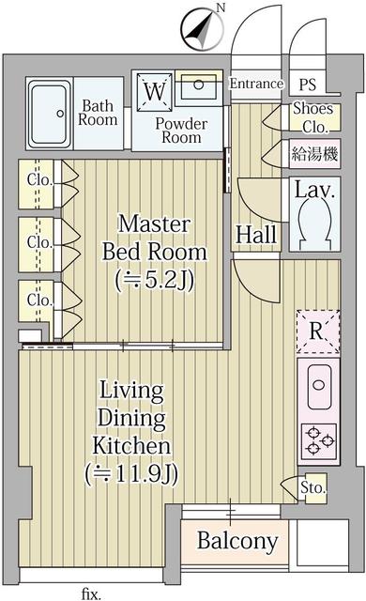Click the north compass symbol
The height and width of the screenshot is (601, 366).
click(x=202, y=30)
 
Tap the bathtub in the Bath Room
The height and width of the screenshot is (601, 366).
click(x=50, y=114)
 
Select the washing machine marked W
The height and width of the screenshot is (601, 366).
click(x=155, y=92)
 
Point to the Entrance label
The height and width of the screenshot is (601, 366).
click(x=256, y=84)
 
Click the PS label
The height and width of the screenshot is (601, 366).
click(x=308, y=85)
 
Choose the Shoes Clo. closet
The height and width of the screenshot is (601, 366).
click(x=314, y=117)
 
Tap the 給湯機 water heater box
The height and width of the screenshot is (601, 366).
click(x=314, y=154)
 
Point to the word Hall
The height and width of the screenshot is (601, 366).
click(x=256, y=234)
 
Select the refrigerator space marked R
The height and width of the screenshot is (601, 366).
click(x=318, y=331)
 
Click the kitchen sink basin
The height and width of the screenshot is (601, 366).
click(x=319, y=386)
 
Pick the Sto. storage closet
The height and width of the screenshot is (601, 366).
click(x=313, y=488)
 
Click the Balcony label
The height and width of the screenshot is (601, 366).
click(x=237, y=541)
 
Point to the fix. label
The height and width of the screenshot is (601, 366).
click(x=91, y=593)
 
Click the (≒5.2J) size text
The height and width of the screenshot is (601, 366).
click(x=155, y=280)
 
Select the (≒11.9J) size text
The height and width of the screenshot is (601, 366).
click(x=131, y=474)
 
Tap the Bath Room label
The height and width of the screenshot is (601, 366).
click(x=98, y=113)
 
